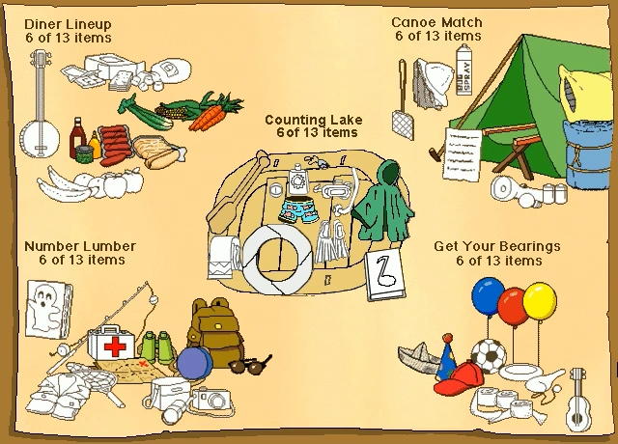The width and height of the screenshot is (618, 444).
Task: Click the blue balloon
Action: point(487,296)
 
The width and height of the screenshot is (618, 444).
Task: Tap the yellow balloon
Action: point(540,301)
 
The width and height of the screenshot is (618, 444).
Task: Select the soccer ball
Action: point(489,356)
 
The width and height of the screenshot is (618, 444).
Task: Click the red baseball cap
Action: point(460,379)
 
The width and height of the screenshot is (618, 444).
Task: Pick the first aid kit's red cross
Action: point(115,347)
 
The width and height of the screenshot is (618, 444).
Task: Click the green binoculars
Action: point(156,347)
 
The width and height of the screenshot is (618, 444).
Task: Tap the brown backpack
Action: point(214,330)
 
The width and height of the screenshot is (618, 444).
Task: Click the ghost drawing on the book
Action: point(44,310)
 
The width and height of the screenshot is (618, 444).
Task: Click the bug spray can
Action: point(463,69)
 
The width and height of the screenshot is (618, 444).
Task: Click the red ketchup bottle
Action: point(77,137)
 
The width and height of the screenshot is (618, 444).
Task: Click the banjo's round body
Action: point(40,139)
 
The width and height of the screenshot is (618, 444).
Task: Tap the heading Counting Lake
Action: point(313,120)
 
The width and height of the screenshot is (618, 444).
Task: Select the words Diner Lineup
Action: point(68,24)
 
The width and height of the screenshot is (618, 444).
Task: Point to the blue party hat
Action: point(446,358)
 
